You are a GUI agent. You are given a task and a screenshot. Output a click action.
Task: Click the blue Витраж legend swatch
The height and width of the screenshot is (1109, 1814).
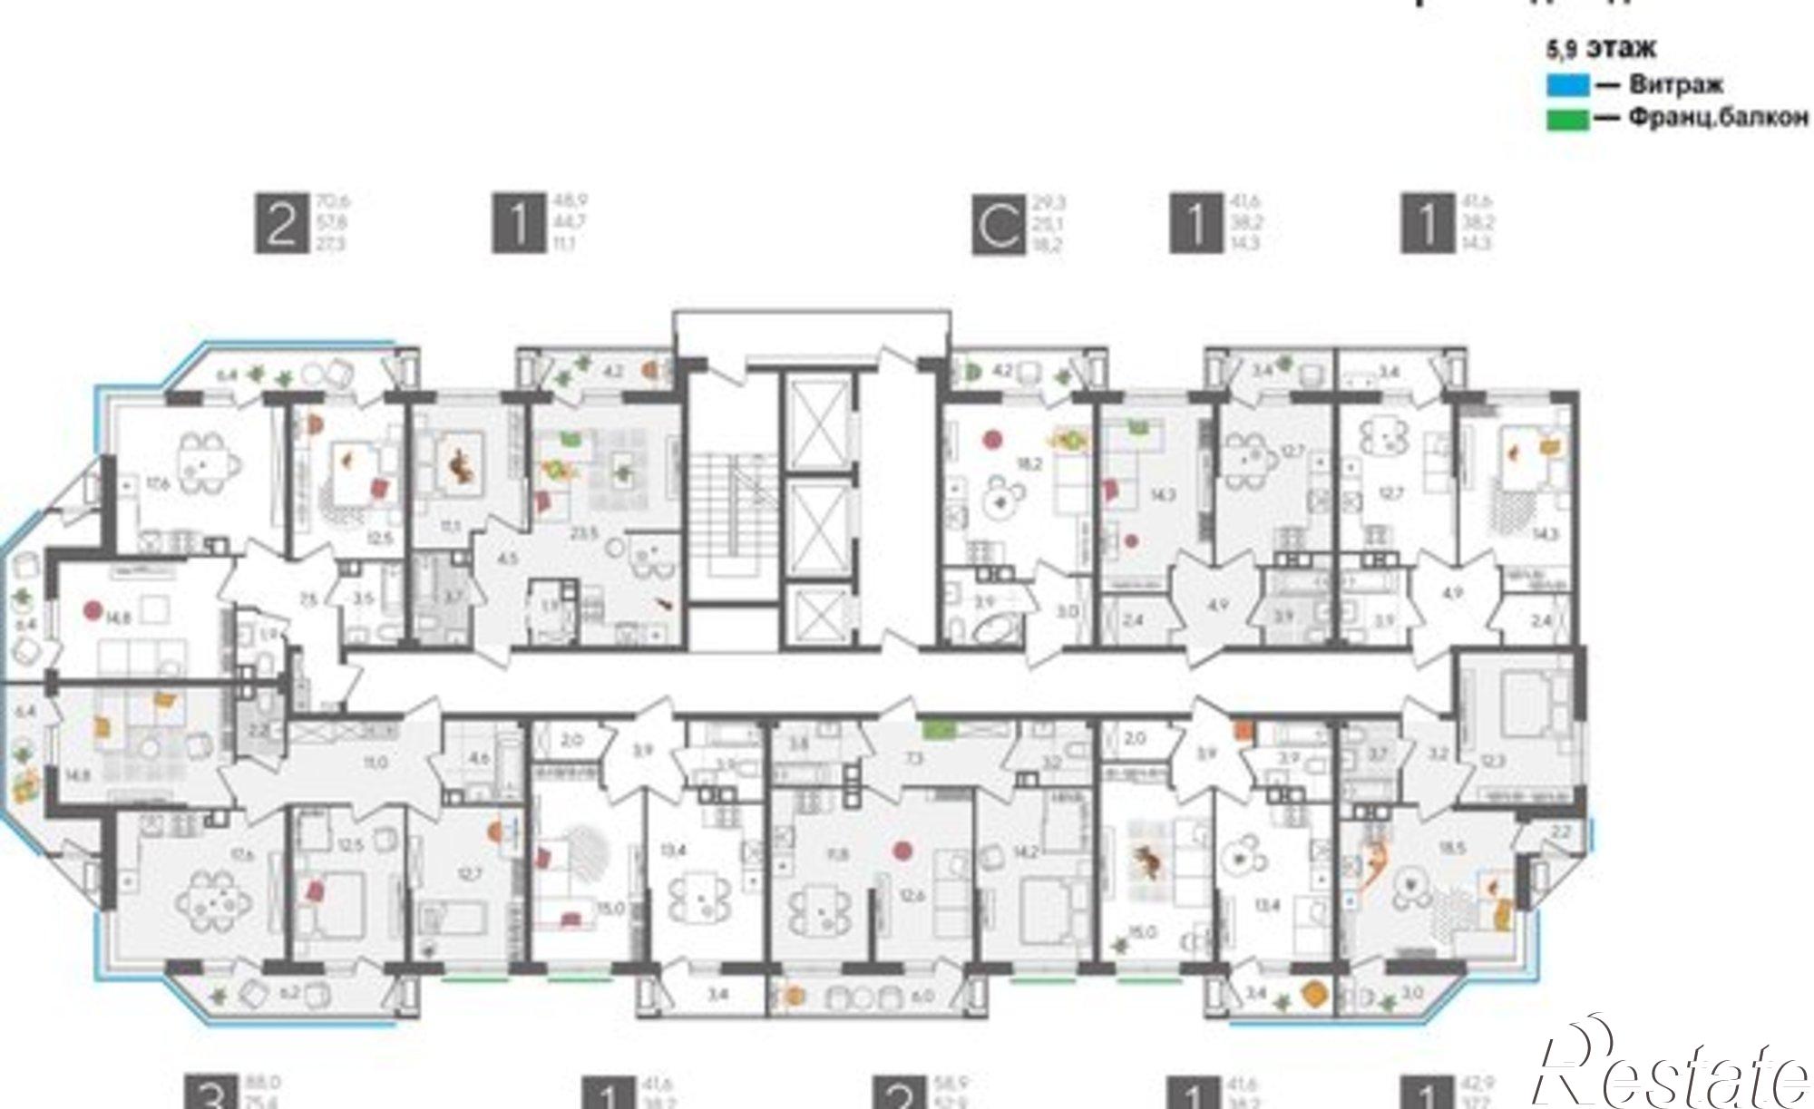click(1567, 86)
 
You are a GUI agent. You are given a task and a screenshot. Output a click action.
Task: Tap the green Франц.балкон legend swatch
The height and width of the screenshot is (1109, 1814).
click(1567, 120)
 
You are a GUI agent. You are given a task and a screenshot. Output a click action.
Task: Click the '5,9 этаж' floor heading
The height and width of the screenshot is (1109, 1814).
click(1601, 48)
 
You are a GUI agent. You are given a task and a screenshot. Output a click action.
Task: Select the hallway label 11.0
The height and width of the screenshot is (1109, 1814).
click(375, 763)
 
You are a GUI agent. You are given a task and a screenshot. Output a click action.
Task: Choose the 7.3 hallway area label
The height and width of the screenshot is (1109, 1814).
click(914, 756)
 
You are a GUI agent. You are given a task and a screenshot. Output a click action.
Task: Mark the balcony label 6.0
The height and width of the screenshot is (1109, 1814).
click(922, 996)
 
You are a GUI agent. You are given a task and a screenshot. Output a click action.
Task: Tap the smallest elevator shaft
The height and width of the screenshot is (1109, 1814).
click(818, 618)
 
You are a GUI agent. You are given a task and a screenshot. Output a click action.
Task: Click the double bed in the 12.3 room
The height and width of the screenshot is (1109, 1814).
click(1530, 705)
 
